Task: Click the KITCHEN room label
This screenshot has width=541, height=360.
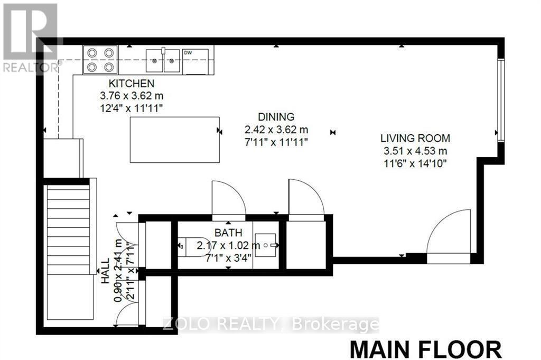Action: click(131, 84)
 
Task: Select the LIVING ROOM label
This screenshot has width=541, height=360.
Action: click(415, 139)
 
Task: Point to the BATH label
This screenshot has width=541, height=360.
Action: click(228, 233)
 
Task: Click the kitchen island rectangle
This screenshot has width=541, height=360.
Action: click(175, 140)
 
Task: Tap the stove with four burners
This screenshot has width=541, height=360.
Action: click(100, 59)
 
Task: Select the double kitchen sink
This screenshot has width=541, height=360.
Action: click(163, 59)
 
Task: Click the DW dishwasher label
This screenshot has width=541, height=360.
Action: click(188, 52)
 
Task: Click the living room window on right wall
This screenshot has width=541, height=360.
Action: click(500, 100)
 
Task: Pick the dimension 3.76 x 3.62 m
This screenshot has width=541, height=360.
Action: click(131, 96)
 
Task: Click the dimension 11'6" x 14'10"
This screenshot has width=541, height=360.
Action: click(415, 163)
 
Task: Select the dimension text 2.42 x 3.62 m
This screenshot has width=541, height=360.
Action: click(276, 129)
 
